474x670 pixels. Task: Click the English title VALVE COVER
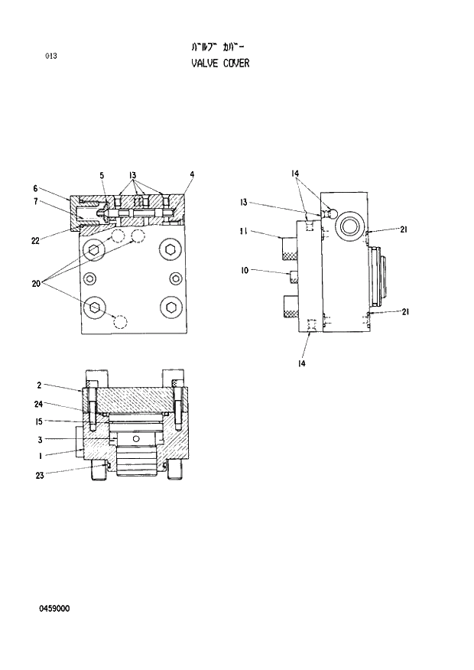point(220,63)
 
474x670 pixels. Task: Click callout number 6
point(35,188)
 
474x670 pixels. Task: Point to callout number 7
point(35,201)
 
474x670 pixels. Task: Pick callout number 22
point(35,241)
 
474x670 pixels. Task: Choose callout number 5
point(102,175)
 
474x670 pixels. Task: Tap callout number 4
point(192,174)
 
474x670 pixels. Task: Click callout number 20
point(35,284)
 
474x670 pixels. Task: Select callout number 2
point(38,386)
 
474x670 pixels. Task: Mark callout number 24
point(37,404)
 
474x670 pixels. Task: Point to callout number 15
point(37,421)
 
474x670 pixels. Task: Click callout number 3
point(38,439)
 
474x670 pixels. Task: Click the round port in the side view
point(352,225)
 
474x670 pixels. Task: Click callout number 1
point(38,456)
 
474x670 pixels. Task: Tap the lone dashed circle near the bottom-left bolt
point(119,321)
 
